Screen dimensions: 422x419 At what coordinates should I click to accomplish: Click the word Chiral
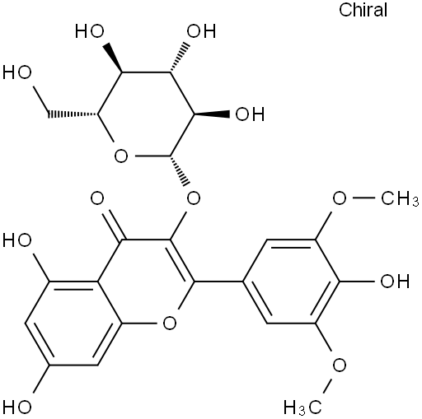click(x=363, y=10)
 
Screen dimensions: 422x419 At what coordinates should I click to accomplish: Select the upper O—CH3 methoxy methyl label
click(x=400, y=198)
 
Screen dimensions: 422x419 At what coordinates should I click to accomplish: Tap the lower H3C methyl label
click(x=302, y=407)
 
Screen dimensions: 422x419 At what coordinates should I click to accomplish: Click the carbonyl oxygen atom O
click(x=97, y=198)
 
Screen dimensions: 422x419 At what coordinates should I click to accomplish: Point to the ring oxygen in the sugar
click(x=121, y=156)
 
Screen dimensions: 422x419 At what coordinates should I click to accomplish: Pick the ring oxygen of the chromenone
click(x=170, y=323)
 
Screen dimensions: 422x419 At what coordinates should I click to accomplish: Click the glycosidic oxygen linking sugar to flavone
click(x=194, y=198)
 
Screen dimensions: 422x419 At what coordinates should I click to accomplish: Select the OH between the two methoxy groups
click(x=395, y=281)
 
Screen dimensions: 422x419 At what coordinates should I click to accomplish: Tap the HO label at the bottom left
click(x=17, y=407)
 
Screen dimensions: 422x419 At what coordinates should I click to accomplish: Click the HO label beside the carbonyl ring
click(x=17, y=240)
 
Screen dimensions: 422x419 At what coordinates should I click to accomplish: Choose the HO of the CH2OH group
click(x=17, y=72)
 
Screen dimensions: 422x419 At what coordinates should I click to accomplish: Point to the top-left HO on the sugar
click(x=90, y=30)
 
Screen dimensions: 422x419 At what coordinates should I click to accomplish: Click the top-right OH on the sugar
click(x=201, y=30)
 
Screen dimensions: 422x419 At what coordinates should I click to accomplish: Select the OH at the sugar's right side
click(x=250, y=114)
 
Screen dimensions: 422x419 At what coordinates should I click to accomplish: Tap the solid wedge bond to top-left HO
click(x=113, y=58)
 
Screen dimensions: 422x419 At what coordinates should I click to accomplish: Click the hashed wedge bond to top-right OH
click(x=180, y=58)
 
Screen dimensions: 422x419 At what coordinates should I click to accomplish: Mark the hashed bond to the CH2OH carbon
click(x=73, y=114)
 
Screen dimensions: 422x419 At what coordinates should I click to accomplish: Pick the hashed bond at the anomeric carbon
click(x=180, y=170)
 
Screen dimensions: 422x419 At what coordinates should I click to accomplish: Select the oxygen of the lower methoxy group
click(x=340, y=365)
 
